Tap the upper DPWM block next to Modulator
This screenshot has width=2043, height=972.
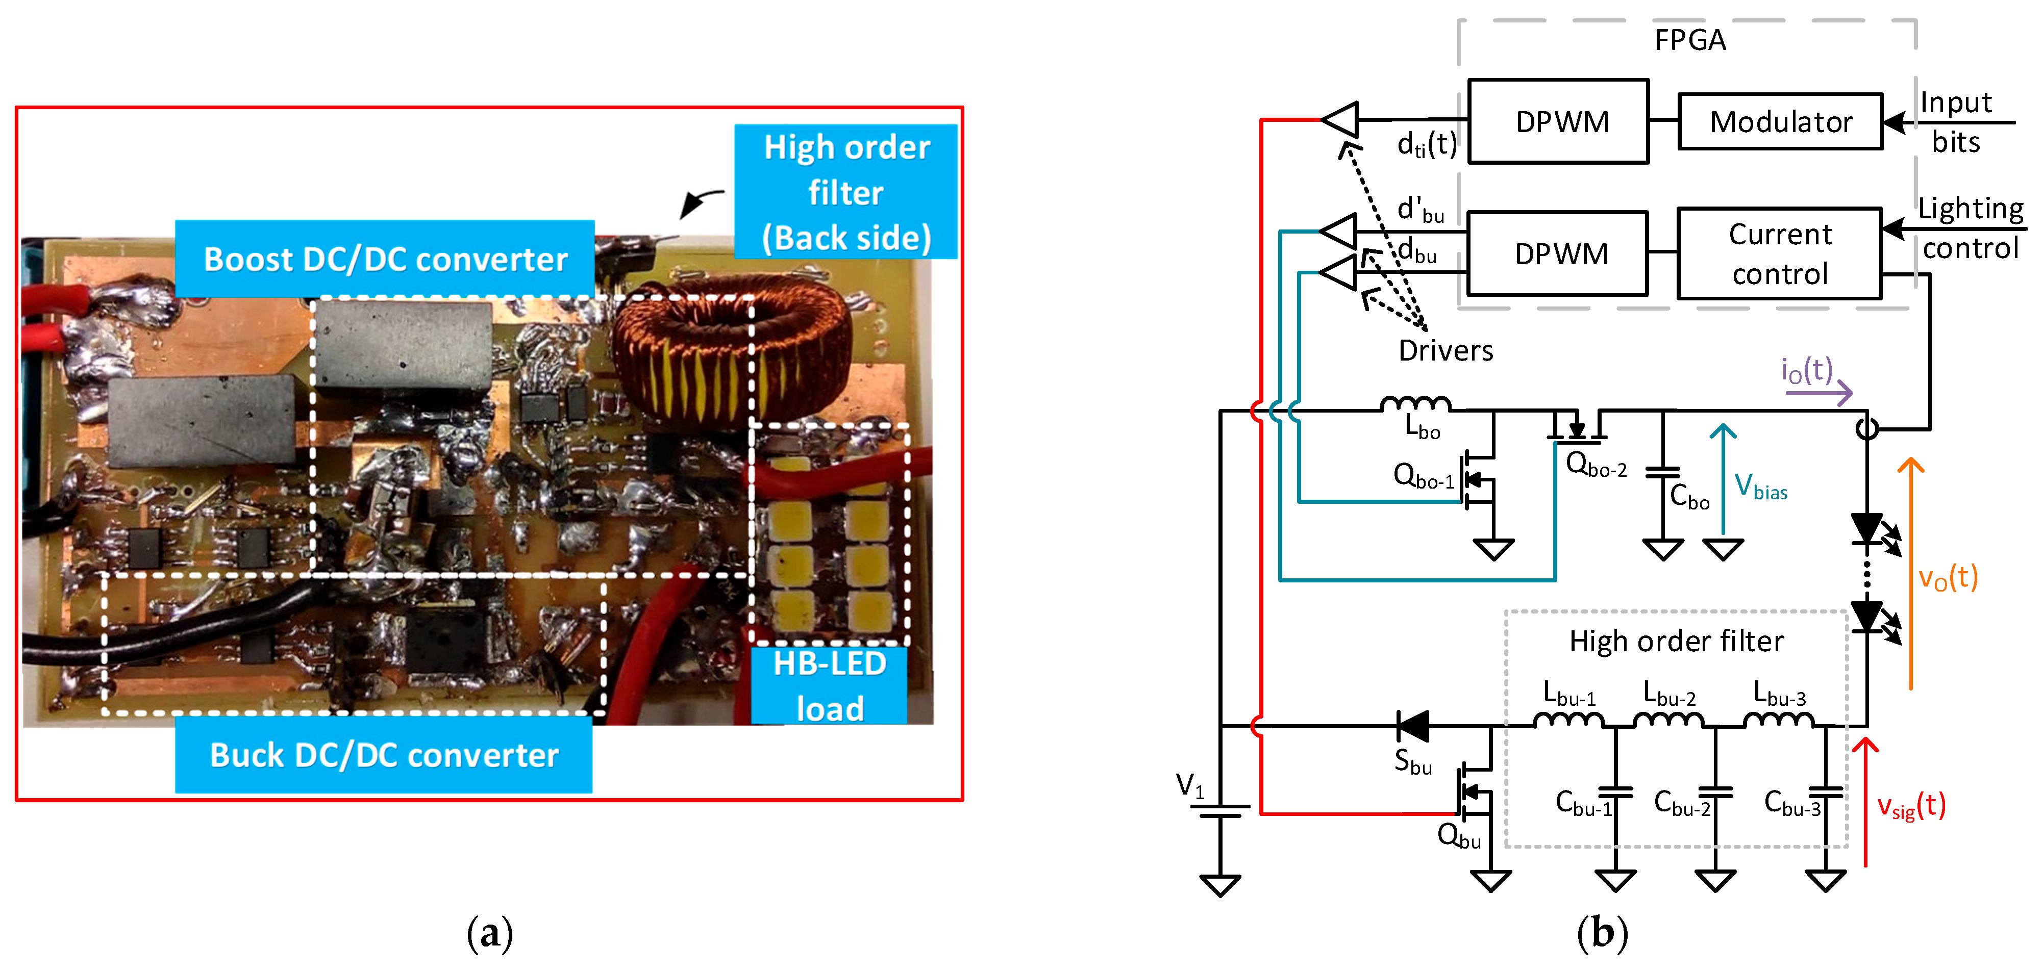tap(1559, 121)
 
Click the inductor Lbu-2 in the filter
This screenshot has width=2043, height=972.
tap(1668, 720)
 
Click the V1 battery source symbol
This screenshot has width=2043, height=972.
tap(1220, 811)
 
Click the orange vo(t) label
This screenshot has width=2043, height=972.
tap(1947, 577)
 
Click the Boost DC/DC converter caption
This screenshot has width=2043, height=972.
tap(385, 259)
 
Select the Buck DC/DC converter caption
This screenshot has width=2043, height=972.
tap(384, 755)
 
